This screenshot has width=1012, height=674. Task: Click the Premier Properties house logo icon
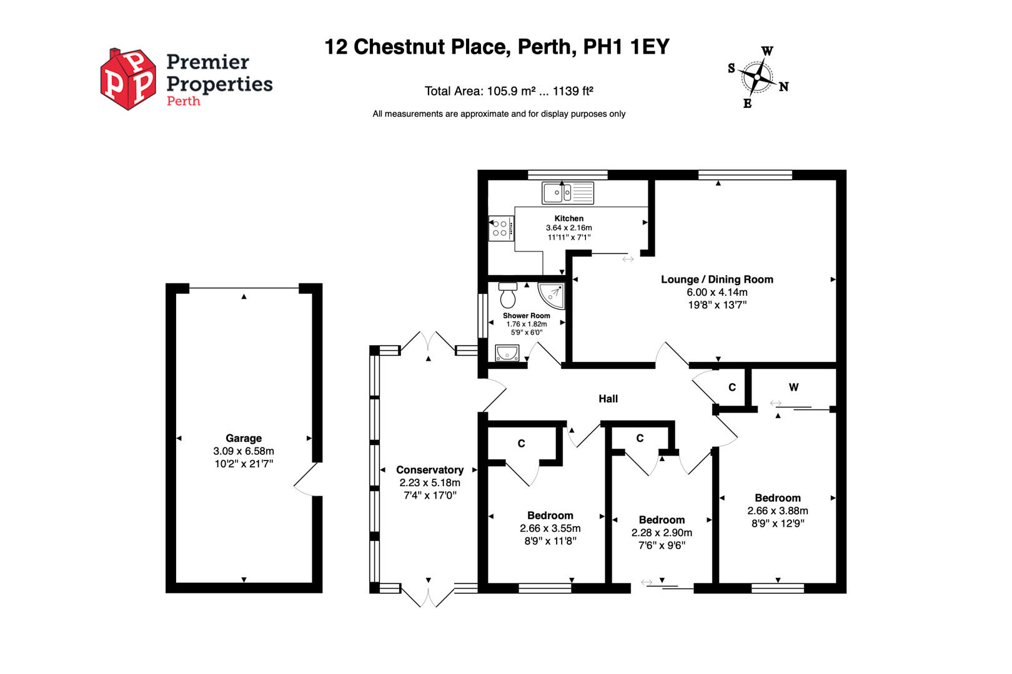pos(129,79)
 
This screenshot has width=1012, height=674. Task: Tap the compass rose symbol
pos(757,77)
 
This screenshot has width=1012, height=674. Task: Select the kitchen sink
pos(568,193)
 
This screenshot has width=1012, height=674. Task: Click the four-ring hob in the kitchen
pos(501,228)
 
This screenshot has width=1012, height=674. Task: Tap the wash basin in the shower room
pos(507,354)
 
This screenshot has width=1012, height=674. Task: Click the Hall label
pos(608,399)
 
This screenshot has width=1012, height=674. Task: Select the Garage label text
pos(244,438)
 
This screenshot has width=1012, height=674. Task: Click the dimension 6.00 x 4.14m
pos(717,292)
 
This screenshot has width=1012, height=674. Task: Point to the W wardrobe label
pos(793,388)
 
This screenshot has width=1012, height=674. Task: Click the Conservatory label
pos(430,470)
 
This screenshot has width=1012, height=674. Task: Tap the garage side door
pos(307,479)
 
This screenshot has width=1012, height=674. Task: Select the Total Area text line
pos(508,91)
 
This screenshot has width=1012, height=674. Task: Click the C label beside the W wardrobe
pos(732,388)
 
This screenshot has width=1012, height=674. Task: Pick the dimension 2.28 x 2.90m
pos(662,532)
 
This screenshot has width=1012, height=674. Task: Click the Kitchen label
pos(568,218)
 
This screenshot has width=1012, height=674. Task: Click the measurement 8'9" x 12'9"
pos(778,524)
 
